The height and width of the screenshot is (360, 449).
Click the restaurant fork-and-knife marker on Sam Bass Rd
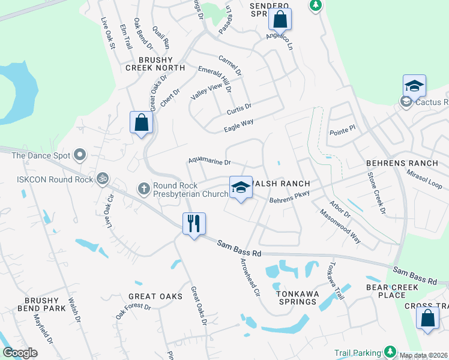pyautogui.click(x=194, y=224)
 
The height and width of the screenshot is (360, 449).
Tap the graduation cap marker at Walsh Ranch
pyautogui.click(x=241, y=187)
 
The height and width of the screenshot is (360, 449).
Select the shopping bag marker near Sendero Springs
pyautogui.click(x=280, y=19)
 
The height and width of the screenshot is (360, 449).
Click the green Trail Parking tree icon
pyautogui.click(x=390, y=351)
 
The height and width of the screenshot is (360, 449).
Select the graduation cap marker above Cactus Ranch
pyautogui.click(x=414, y=86)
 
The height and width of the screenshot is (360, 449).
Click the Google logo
pyautogui.click(x=20, y=352)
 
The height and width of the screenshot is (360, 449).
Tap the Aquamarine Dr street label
pyautogui.click(x=209, y=161)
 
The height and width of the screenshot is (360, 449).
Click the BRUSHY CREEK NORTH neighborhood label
pyautogui.click(x=147, y=64)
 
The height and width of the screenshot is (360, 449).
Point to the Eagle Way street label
pyautogui.click(x=239, y=124)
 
